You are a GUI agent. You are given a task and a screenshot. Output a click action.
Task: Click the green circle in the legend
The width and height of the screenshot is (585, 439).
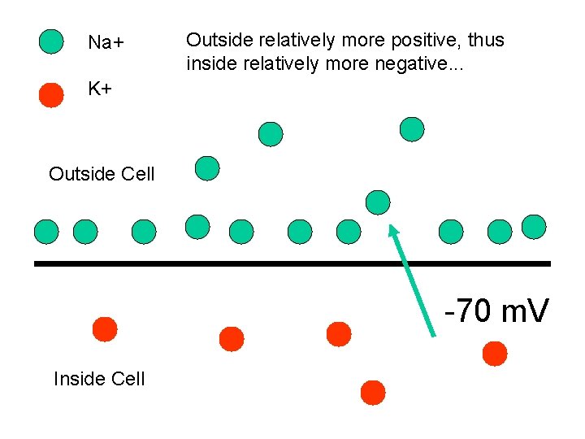pyautogui.click(x=51, y=41)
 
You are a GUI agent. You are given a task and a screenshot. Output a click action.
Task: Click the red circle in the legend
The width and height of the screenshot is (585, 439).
pyautogui.click(x=51, y=94)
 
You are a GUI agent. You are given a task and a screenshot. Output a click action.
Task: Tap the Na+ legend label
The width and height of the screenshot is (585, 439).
pyautogui.click(x=105, y=42)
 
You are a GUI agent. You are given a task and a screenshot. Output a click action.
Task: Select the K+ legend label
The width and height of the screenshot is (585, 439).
pyautogui.click(x=100, y=89)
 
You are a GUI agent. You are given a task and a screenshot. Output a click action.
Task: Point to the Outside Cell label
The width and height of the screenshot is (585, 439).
pyautogui.click(x=102, y=173)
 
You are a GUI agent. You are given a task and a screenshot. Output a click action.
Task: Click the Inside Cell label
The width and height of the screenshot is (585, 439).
pyautogui.click(x=99, y=378)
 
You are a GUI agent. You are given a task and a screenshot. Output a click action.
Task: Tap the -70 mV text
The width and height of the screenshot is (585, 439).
pyautogui.click(x=496, y=311)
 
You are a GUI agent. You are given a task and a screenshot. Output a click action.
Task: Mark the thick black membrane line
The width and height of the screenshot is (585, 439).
pyautogui.click(x=292, y=263)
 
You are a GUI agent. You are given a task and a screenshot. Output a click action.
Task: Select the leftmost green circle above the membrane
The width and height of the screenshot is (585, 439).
pyautogui.click(x=46, y=233)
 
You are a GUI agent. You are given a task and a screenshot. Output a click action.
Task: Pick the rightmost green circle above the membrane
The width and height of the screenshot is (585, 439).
pyautogui.click(x=534, y=227)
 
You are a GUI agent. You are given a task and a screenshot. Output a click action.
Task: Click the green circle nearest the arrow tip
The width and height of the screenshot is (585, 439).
pyautogui.click(x=378, y=202)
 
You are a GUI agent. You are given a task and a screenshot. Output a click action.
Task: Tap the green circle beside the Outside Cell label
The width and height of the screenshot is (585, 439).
pyautogui.click(x=208, y=168)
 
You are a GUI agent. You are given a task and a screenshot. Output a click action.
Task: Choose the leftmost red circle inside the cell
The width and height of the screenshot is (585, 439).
pyautogui.click(x=105, y=329)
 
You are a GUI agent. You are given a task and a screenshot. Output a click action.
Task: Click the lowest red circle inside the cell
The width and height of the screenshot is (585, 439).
pyautogui.click(x=373, y=393)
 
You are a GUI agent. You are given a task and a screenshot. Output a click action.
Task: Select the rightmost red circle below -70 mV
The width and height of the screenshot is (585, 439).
pyautogui.click(x=494, y=354)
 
